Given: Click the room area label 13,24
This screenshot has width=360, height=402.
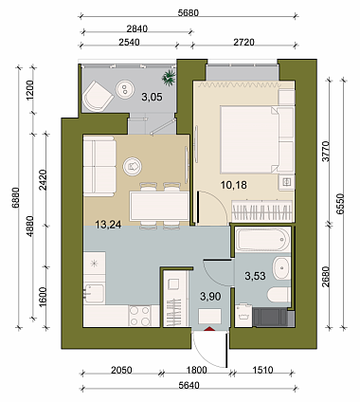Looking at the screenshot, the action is pos(108,225).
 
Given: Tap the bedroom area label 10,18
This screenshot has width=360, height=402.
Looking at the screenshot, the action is pos(234,185).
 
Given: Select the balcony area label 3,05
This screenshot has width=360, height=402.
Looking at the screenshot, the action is pos(152,97).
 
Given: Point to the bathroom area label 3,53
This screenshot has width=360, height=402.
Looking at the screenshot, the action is pos(255,276).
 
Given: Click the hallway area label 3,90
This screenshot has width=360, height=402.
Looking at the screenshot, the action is pos(210,297).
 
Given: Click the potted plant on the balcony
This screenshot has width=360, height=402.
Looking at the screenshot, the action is pos(169,78).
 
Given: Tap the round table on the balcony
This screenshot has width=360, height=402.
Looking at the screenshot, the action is pos(125,88).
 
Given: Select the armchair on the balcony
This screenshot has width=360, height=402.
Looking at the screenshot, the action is pos(97,96).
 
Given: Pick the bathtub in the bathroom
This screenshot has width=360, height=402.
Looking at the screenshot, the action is pos(262,240).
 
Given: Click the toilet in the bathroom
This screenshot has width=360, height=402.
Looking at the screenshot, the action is pos(279,295).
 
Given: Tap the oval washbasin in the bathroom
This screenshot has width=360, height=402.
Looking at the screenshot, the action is pos(281,268).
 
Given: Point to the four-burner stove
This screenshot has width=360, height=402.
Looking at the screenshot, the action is pos(140,316).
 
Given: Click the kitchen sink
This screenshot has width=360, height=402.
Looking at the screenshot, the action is pos(94,293).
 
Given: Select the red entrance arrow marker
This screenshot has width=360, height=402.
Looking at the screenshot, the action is pos(209,329).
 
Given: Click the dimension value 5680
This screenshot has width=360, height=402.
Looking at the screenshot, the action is pos(189,13).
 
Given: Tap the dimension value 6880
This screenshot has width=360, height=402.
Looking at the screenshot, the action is pos(16,197).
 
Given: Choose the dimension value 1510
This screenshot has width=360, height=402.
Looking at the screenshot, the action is pos(262,370).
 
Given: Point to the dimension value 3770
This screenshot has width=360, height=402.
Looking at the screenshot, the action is pos(326,152).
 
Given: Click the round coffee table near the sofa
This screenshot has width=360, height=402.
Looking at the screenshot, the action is pos(133,166).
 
